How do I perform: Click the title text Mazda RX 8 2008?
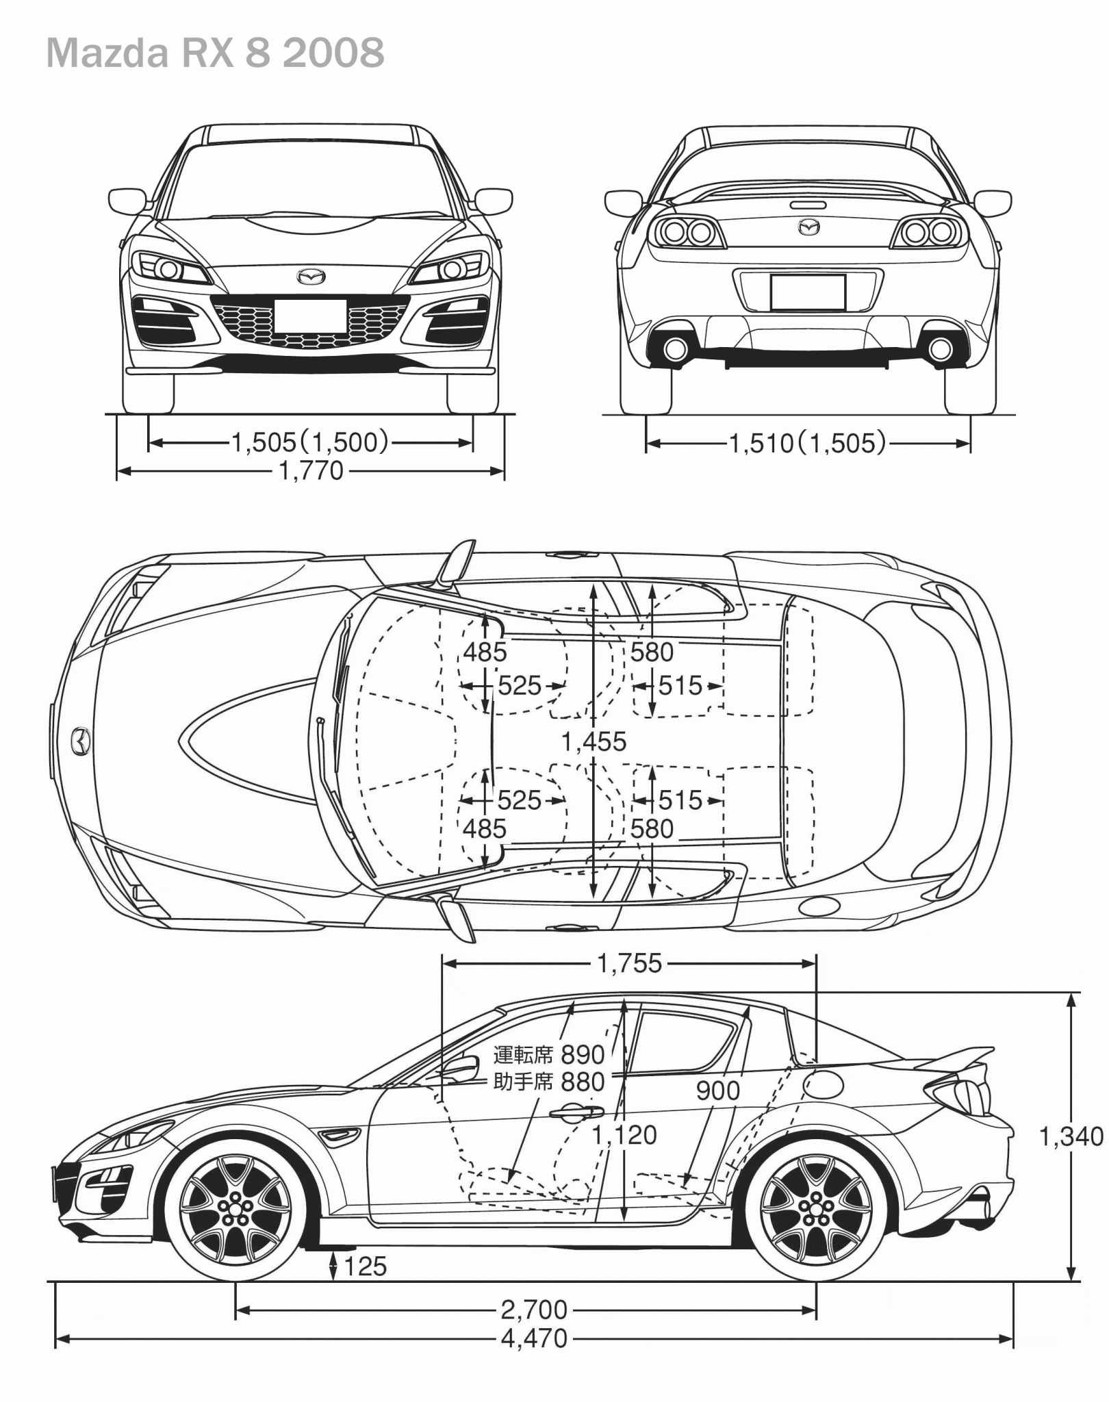(215, 53)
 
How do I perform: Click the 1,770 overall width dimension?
(311, 471)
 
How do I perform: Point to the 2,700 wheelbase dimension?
(534, 1310)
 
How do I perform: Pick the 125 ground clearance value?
(365, 1266)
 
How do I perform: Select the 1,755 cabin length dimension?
(630, 963)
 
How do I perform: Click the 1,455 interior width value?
(594, 741)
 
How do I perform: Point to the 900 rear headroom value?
(717, 1091)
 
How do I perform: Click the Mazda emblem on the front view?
(311, 276)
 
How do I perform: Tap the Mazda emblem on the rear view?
(808, 227)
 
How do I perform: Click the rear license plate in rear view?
(808, 292)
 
